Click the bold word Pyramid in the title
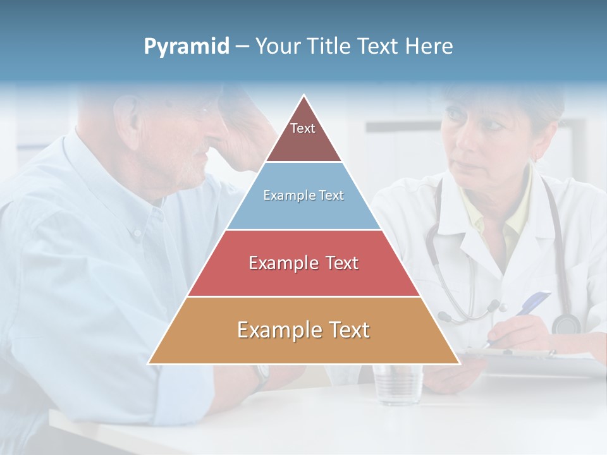coord(187,47)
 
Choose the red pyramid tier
coord(303,264)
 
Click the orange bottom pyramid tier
coord(303,331)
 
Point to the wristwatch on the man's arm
coord(260,375)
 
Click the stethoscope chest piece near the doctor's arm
coord(566,324)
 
